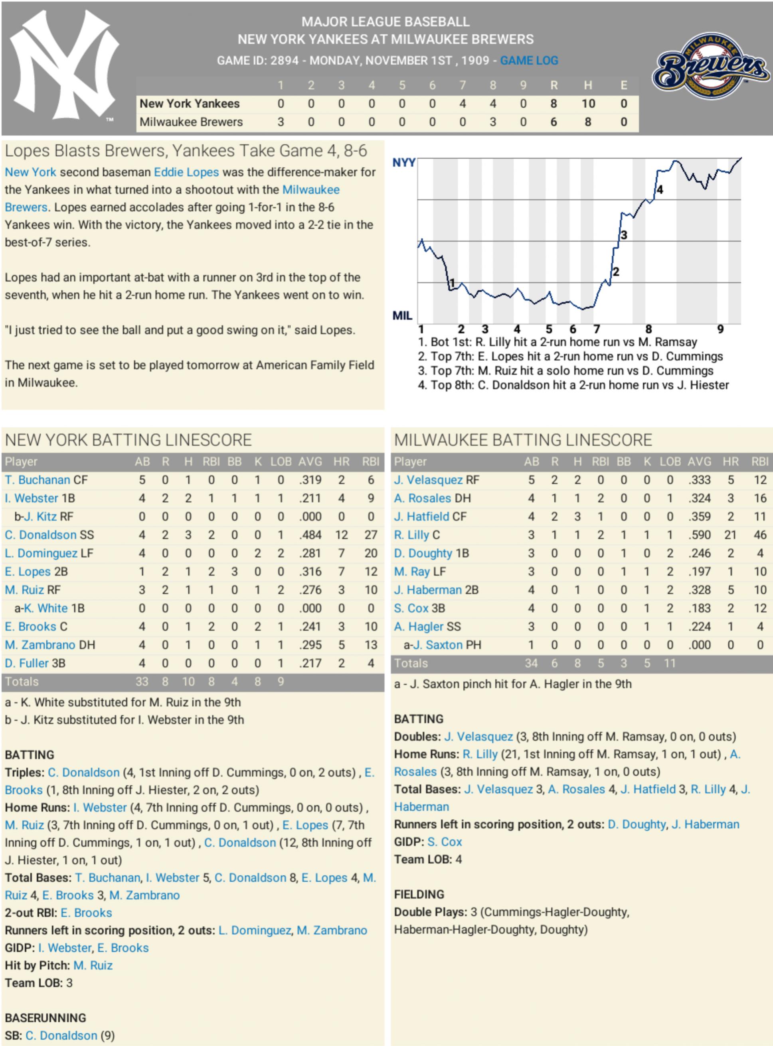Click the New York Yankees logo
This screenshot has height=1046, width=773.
point(64,65)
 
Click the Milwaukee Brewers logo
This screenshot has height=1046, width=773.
point(711,66)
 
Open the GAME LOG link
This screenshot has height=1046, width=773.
point(529,60)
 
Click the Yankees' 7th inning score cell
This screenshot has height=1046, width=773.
point(462,103)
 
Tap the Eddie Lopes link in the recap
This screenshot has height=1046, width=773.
point(186,172)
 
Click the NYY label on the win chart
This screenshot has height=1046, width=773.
point(403,162)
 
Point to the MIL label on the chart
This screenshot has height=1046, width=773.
point(402,315)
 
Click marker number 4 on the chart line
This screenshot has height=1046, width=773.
point(659,189)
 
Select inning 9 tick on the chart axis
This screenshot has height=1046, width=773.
point(720,329)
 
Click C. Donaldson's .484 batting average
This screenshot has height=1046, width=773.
point(310,535)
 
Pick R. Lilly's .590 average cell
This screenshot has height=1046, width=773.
point(700,535)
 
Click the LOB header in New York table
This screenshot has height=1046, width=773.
point(281,462)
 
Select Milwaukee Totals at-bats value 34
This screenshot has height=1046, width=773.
point(531,663)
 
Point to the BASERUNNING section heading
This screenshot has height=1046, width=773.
point(46,1018)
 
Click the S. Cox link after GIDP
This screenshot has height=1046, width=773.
point(445,842)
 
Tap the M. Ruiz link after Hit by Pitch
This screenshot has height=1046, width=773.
point(93,965)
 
